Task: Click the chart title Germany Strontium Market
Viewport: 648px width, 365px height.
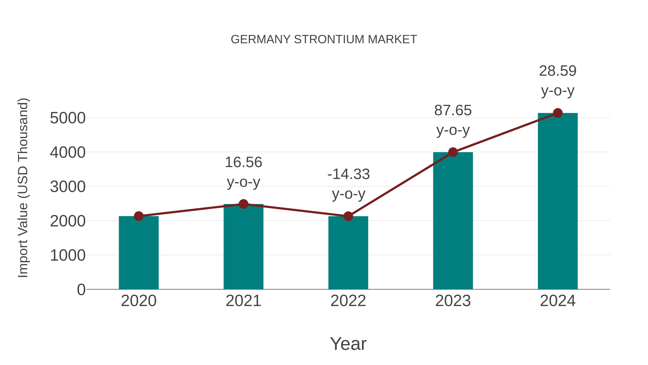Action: (324, 39)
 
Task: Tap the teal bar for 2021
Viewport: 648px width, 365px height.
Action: (243, 247)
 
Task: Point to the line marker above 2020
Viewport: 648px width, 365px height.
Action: (139, 216)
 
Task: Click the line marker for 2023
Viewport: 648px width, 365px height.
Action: (453, 152)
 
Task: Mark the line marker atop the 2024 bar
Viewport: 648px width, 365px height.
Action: (558, 113)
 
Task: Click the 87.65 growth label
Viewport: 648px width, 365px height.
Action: (453, 120)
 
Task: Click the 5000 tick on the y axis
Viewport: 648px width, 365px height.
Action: (68, 118)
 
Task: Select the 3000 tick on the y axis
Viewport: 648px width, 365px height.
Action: (68, 187)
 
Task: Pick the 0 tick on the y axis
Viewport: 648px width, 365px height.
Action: (81, 289)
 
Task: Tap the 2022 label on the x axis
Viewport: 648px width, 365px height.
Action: (348, 301)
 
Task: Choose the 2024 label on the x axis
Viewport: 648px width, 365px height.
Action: (558, 301)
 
